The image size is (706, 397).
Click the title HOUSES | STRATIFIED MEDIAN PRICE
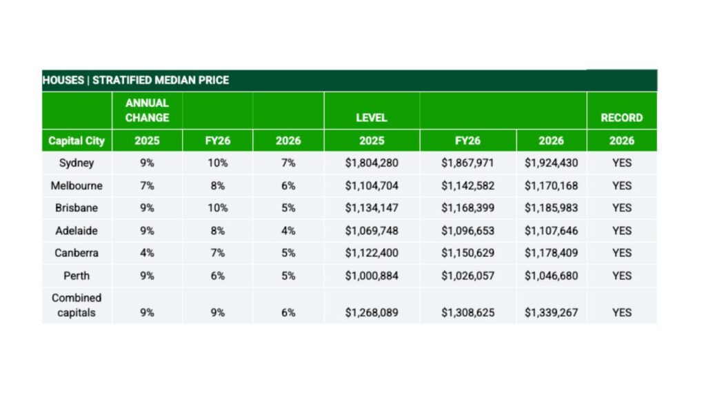point(136,80)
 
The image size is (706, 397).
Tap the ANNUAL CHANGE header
point(147,110)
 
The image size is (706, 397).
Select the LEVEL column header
point(372,117)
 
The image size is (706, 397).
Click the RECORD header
point(621,117)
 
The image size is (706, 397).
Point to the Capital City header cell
point(77,141)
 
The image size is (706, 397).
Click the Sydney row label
point(77,163)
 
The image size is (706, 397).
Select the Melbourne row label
point(77,185)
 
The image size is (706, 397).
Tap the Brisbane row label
point(77,207)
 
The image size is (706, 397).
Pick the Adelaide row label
point(77,230)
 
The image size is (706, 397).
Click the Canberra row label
point(77,253)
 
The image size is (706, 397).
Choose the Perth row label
point(77,276)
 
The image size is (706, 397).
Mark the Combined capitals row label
point(77,305)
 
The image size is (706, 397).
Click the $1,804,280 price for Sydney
point(372,163)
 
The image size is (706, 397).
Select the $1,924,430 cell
point(551,163)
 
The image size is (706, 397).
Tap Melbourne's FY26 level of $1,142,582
point(467,185)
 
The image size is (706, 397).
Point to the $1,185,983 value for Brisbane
point(551,207)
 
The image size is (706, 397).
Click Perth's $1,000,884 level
point(372,276)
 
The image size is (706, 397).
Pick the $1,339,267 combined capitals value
point(551,312)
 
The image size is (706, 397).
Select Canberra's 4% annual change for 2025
point(147,253)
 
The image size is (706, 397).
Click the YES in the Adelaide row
point(621,230)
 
